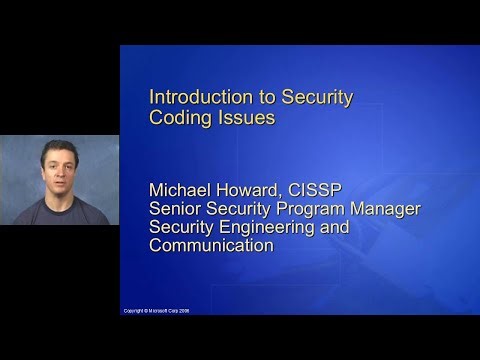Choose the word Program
tap(326, 208)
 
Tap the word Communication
tap(211, 245)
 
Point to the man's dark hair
tap(57, 144)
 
